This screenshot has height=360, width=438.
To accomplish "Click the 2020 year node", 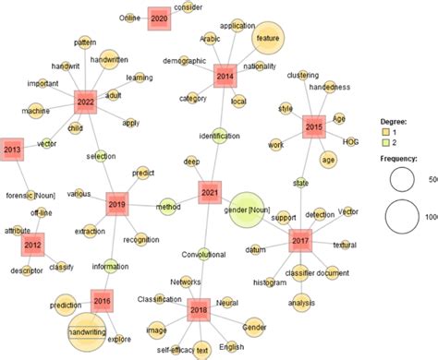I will pos(159,18).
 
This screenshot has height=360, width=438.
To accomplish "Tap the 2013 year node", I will pos(12,149).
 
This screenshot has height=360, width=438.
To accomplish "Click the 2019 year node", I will pos(116,204).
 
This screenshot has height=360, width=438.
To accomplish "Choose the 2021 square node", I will pos(210,194).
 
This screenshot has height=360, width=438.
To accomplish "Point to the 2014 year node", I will pos(225,76).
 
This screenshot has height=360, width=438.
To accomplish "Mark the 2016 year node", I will pos(103,300).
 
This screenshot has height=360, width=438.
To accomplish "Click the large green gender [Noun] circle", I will pos(252,211).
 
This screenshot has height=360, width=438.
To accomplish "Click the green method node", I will pos(168,205).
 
